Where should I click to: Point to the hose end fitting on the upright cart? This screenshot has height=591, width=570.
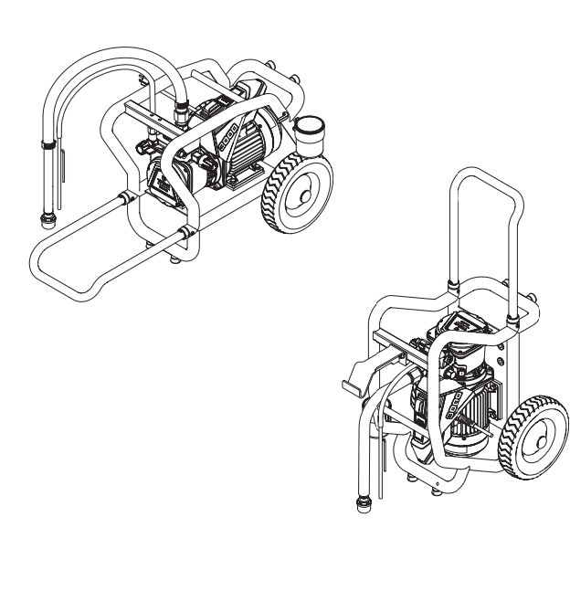(x=356, y=505)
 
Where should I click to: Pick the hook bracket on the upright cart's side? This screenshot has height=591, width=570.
(x=353, y=378)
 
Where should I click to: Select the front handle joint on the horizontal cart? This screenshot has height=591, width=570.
(x=188, y=236)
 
